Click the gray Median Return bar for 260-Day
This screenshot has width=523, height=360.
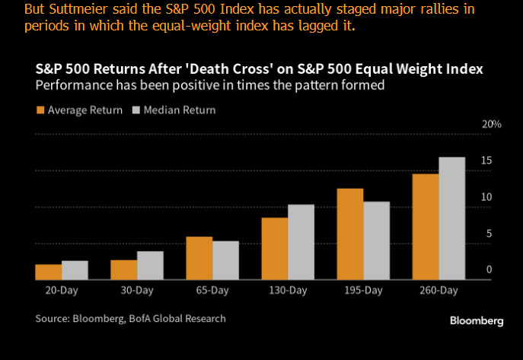[451, 218]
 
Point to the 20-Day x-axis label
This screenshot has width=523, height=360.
[60, 291]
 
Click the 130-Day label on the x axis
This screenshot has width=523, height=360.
[288, 291]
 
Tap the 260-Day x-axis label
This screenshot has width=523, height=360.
[438, 291]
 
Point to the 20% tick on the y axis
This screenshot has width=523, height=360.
[492, 124]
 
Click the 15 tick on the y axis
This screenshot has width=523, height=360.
[486, 161]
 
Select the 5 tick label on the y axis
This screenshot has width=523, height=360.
[489, 234]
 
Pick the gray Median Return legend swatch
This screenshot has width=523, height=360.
[138, 110]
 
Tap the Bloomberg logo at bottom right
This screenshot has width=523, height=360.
[476, 321]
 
